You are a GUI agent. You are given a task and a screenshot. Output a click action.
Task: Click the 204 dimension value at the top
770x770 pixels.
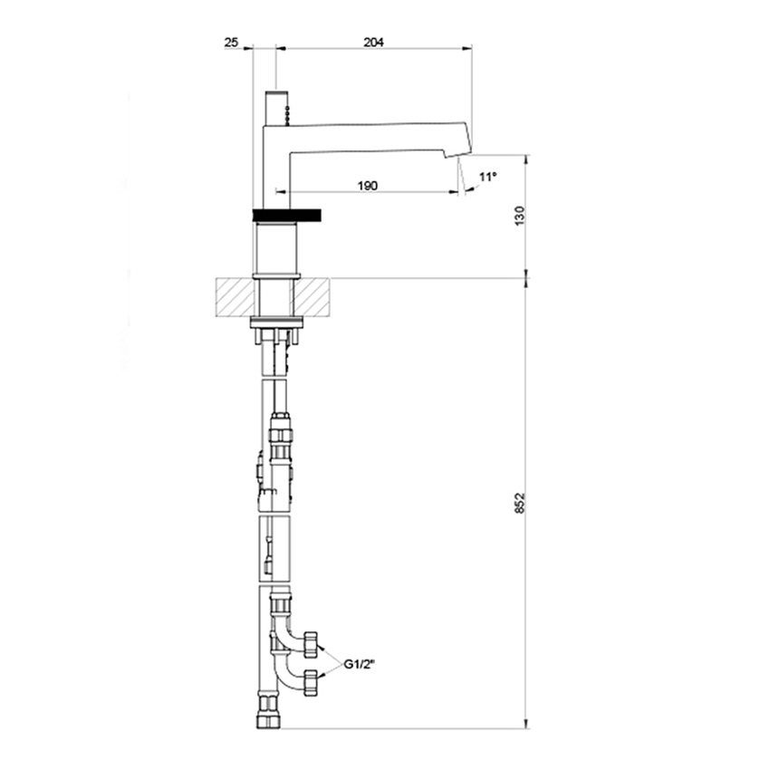click(373, 42)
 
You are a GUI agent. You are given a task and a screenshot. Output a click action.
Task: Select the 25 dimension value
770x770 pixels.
click(231, 42)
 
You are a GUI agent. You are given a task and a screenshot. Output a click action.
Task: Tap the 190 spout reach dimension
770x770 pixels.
click(367, 185)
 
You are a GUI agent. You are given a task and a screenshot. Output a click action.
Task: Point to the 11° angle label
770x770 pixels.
click(488, 177)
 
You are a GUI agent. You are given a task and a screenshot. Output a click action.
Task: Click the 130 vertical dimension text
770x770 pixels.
click(519, 217)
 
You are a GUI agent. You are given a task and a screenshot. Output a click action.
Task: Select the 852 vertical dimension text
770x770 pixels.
click(519, 504)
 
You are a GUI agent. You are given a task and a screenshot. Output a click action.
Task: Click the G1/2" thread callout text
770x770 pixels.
click(361, 665)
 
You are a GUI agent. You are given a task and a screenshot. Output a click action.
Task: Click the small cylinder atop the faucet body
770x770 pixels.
click(275, 108)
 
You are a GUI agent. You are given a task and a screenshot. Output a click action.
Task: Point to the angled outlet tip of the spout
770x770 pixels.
click(464, 144)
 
